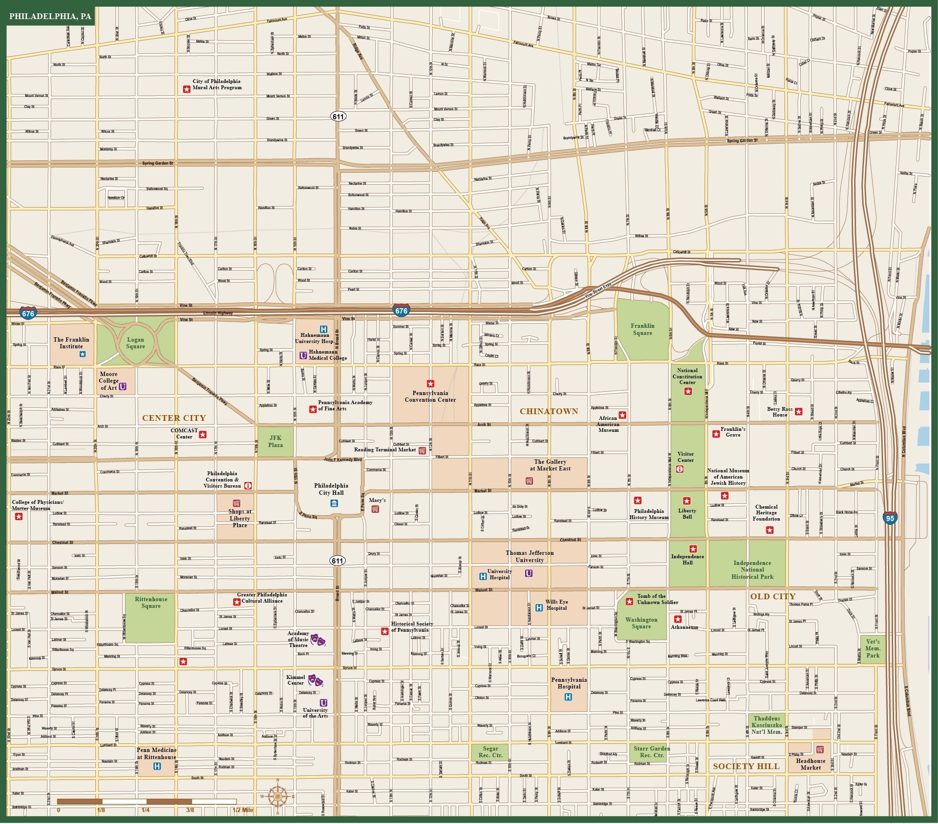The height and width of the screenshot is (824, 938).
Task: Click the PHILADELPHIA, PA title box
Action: click(50, 16)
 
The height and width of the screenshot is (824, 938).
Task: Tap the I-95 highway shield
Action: click(890, 518)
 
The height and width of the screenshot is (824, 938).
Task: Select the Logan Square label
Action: click(135, 343)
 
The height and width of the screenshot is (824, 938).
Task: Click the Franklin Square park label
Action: click(642, 329)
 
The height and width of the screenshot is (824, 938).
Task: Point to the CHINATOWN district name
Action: click(548, 411)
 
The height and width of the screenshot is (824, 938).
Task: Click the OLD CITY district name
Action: click(773, 596)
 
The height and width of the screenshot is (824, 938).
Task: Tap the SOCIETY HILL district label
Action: click(746, 766)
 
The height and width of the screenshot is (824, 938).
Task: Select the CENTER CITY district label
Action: click(174, 418)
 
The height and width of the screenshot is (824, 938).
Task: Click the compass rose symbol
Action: click(278, 796)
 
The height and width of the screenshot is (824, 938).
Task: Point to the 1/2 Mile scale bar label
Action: click(243, 810)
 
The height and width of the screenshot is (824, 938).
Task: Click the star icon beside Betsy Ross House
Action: click(798, 411)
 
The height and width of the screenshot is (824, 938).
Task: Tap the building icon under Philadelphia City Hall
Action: click(334, 503)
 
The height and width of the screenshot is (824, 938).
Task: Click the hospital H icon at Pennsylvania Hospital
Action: click(568, 697)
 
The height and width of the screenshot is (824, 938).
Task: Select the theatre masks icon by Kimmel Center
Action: click(315, 680)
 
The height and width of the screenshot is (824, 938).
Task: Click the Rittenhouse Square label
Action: click(151, 603)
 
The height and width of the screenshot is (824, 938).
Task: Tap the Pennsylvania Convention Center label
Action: click(430, 396)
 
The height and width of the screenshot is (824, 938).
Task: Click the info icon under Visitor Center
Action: click(680, 469)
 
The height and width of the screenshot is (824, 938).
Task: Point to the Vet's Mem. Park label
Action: click(873, 648)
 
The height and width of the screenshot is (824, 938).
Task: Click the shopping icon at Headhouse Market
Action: click(819, 750)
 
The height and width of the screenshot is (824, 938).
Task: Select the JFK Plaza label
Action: click(275, 441)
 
